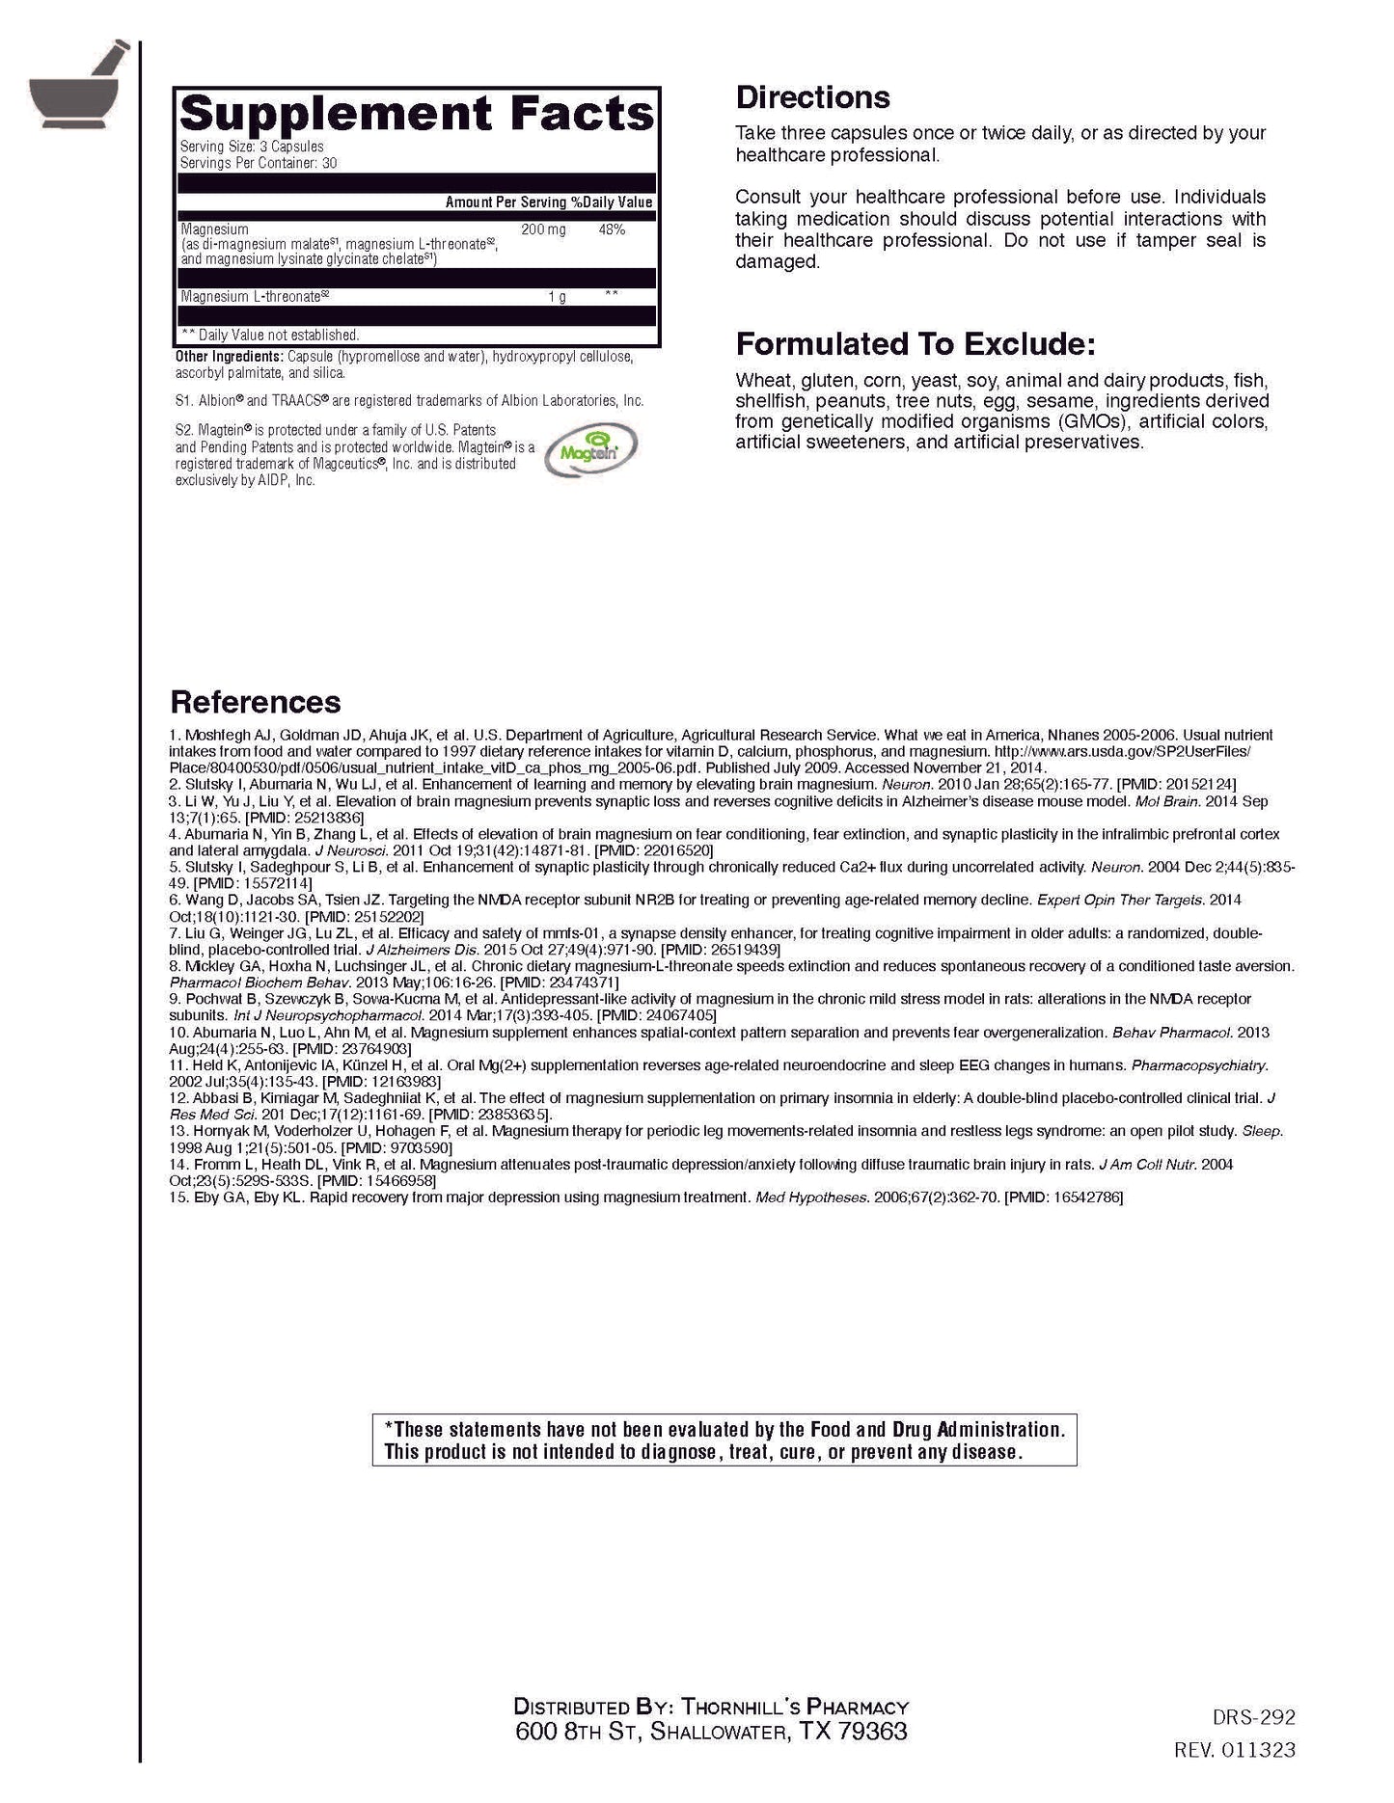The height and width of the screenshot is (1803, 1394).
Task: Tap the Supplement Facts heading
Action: (x=416, y=114)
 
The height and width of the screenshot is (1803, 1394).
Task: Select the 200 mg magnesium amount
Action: (x=543, y=229)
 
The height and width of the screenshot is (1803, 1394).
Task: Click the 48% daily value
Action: (x=612, y=229)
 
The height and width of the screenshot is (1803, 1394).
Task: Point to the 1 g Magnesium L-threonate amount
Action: (x=557, y=297)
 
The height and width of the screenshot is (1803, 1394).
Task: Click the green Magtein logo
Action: (x=591, y=451)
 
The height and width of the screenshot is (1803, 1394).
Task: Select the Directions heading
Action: (x=812, y=97)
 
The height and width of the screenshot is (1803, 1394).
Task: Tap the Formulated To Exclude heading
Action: (x=915, y=344)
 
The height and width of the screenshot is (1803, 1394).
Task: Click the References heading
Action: (x=255, y=702)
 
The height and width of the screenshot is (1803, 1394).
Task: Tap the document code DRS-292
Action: (x=1253, y=1717)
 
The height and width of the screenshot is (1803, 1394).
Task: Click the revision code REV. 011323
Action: (x=1235, y=1750)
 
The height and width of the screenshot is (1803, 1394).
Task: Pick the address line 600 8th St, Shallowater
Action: (x=711, y=1732)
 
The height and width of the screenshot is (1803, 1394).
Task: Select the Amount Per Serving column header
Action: (x=505, y=202)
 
